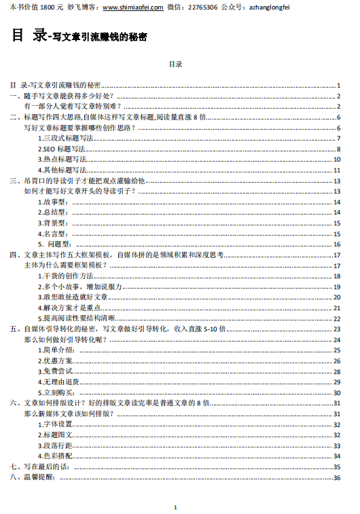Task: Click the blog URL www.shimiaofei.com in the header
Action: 132,7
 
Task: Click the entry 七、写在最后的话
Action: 41,467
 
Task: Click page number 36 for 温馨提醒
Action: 336,477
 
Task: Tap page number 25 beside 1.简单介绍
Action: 336,350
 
